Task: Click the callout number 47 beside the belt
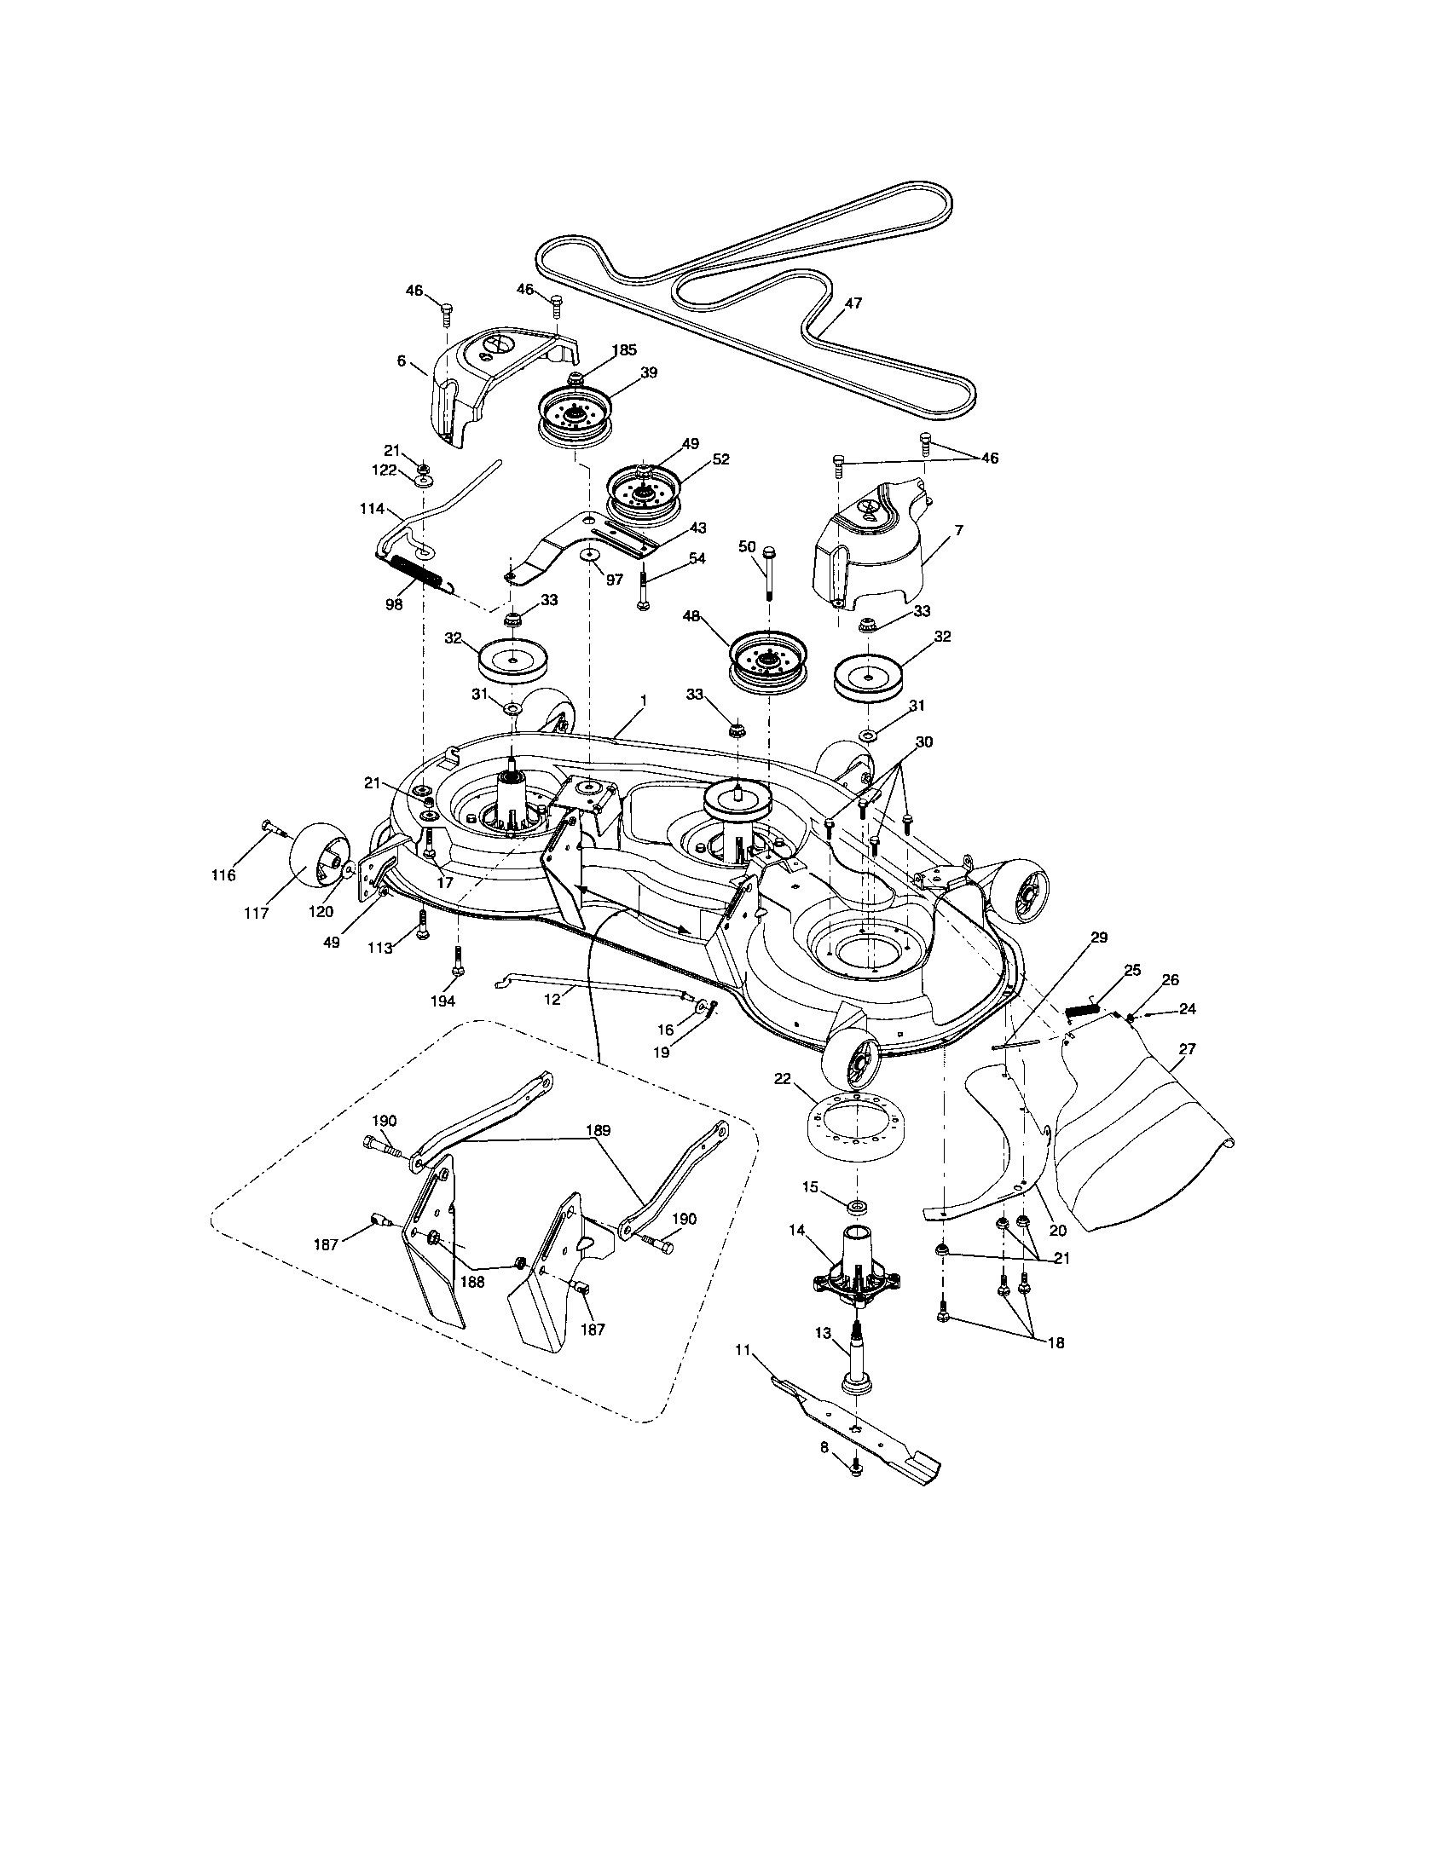pyautogui.click(x=853, y=303)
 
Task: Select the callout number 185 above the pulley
pyautogui.click(x=624, y=350)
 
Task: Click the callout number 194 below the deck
pyautogui.click(x=442, y=1001)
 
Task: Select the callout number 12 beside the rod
pyautogui.click(x=552, y=1000)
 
